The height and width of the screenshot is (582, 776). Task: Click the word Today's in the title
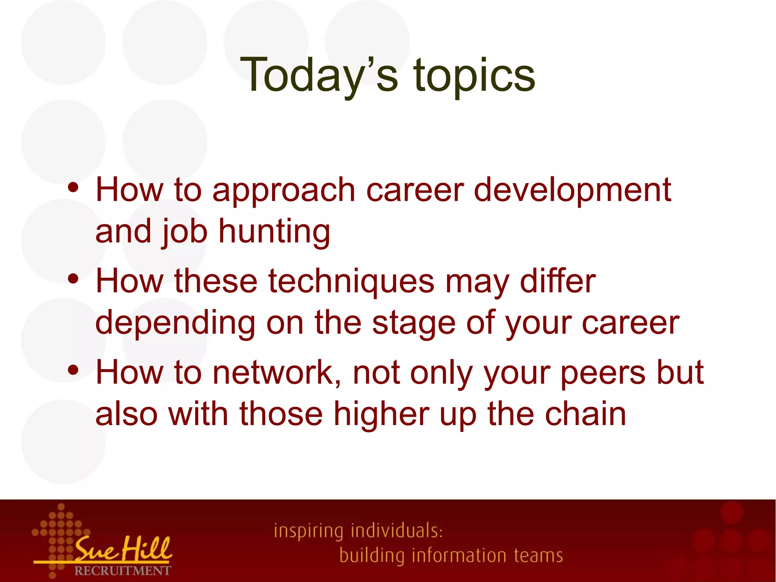coord(319,75)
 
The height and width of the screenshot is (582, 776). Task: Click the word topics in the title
coord(474,76)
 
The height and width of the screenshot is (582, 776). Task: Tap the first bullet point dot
coord(73,187)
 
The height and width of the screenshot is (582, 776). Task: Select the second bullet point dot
coord(73,279)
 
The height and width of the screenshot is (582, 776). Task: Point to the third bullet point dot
coord(73,370)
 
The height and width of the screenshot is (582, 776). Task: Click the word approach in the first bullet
coord(283,191)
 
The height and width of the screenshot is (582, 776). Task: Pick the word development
coord(573,191)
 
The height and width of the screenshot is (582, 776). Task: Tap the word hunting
coord(274,232)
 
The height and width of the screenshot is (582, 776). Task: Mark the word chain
coord(585,414)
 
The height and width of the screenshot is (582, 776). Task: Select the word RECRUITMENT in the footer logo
coord(122,571)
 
